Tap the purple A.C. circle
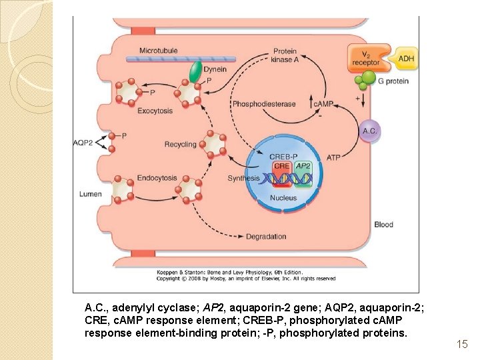coord(369,131)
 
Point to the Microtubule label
coord(159,51)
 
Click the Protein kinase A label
coord(285,56)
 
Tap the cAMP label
coord(323,104)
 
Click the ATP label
coord(333,158)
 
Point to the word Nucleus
coord(283,198)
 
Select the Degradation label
coord(266,237)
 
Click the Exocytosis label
coord(155,111)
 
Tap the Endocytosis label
coord(157,178)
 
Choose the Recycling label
coord(180,144)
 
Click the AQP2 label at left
coord(83,143)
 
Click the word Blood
coord(383,225)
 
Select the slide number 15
coord(462,344)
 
